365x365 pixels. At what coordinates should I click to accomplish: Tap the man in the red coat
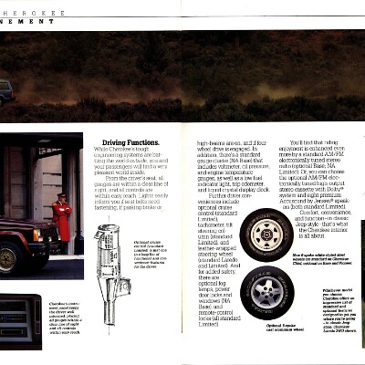coord(63,218)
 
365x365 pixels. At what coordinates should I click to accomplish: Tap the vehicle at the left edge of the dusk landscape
coord(6,91)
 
